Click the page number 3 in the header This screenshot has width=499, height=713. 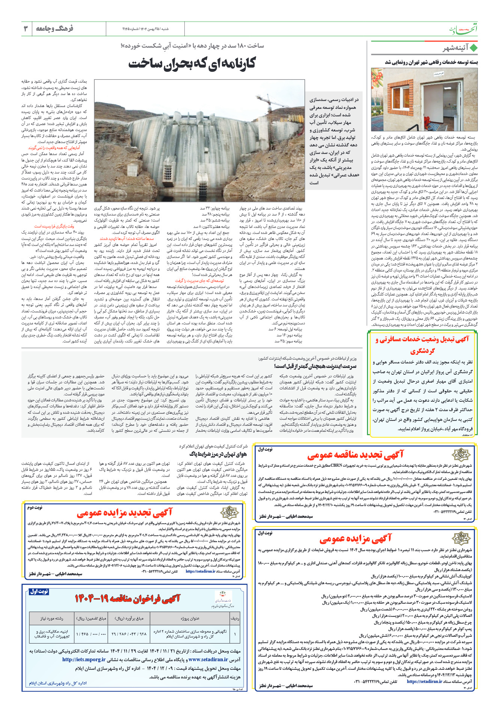click(26, 29)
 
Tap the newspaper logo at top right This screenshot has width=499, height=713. click(464, 29)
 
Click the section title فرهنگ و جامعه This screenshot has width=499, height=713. click(54, 29)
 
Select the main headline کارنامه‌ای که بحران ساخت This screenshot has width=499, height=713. click(192, 63)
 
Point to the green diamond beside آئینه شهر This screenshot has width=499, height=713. click(473, 48)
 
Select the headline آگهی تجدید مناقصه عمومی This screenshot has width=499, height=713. click(355, 455)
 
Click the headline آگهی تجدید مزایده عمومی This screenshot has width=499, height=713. click(124, 513)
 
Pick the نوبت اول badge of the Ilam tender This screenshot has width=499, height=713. click(39, 592)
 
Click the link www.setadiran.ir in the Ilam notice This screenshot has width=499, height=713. click(208, 659)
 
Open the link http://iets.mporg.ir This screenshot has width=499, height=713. click(84, 659)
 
